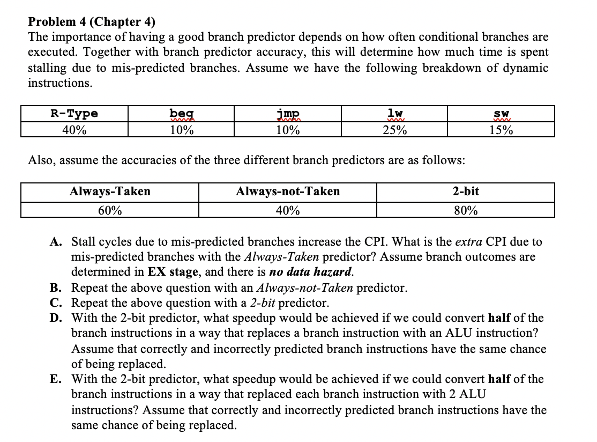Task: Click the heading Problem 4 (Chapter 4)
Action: click(x=92, y=22)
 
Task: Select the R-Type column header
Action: click(x=74, y=114)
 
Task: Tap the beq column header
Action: click(x=181, y=114)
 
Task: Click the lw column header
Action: click(x=395, y=114)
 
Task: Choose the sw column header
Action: click(x=502, y=114)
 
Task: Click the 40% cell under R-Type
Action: click(x=74, y=130)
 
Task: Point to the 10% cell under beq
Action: click(x=181, y=130)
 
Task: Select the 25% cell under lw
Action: click(x=395, y=130)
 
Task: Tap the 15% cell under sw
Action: click(x=502, y=130)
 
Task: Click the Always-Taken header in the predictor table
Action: click(x=110, y=191)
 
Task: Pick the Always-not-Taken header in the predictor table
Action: click(x=288, y=191)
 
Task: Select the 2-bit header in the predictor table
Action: click(x=466, y=191)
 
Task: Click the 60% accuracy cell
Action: click(x=110, y=210)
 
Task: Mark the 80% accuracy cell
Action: click(x=466, y=210)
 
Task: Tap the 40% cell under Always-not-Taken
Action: click(x=288, y=210)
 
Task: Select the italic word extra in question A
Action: click(x=469, y=242)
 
